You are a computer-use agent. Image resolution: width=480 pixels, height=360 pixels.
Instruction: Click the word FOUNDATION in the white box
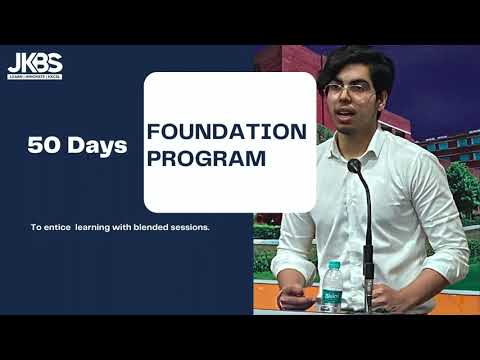(226, 131)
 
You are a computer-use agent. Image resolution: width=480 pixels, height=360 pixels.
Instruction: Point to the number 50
(46, 146)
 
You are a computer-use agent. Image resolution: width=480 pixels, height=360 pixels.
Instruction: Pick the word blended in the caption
(157, 227)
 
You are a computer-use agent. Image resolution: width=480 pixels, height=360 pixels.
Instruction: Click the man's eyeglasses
(350, 90)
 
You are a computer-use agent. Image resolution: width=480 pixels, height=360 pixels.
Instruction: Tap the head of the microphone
(354, 166)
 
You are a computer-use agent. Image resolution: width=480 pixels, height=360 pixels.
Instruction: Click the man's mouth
(356, 119)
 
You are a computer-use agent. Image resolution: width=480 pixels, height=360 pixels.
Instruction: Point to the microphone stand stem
(368, 240)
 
